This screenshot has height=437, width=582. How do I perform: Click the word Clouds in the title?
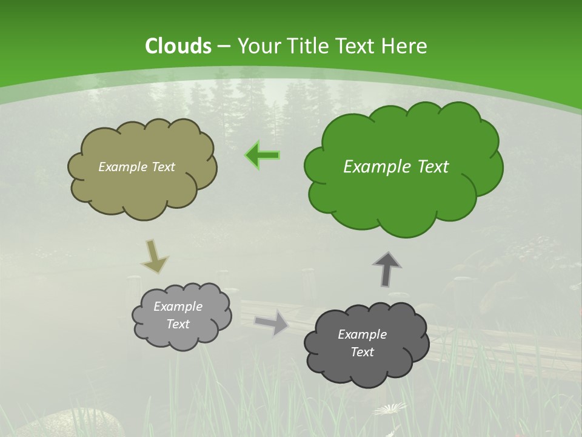pos(178,46)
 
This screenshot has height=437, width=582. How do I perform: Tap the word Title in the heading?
pos(308,46)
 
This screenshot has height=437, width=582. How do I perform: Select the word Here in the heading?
pos(406,46)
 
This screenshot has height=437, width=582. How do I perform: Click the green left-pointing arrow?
pos(263,155)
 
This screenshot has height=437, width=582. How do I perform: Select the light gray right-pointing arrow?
pos(272,322)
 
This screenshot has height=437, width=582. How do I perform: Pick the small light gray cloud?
pos(182,337)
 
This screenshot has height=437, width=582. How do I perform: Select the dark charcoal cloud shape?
pos(366,370)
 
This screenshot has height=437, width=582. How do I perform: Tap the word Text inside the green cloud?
pos(433,167)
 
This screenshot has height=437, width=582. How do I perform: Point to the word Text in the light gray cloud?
pos(178,324)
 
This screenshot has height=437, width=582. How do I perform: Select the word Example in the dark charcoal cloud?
pos(362,334)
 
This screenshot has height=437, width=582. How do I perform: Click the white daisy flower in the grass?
pos(390,409)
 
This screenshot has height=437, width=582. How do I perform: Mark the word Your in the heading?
pos(259,46)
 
